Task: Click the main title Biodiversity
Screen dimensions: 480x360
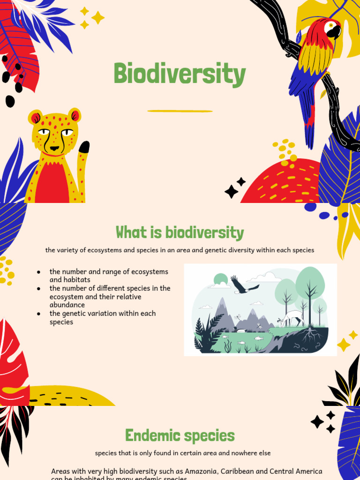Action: tap(180, 74)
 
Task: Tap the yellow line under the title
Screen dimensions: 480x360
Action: tap(180, 111)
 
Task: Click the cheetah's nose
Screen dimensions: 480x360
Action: tap(54, 148)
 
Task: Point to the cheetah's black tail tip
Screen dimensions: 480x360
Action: tap(84, 147)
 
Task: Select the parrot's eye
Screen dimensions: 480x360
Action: tap(331, 25)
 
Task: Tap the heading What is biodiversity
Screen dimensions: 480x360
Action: tap(180, 232)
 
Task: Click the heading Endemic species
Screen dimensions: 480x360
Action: tap(180, 435)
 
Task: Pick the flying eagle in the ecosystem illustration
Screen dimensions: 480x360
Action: tap(243, 285)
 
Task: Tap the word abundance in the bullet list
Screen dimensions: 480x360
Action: tap(67, 305)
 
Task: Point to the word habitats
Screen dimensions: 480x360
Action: tap(76, 280)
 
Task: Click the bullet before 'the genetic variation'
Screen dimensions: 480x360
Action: tap(38, 314)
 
